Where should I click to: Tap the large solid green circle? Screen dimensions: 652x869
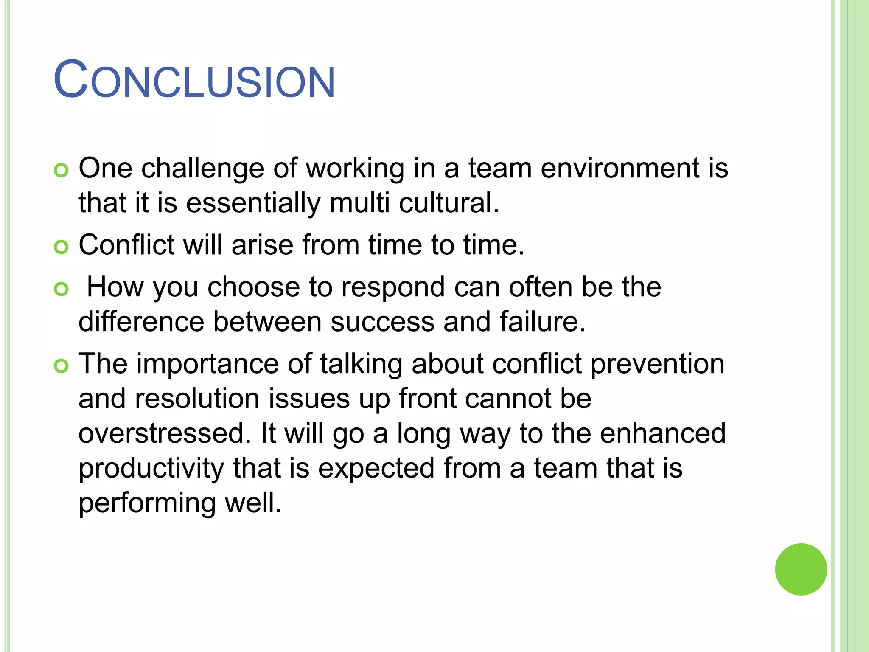point(801,569)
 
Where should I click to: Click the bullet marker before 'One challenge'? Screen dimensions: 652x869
point(62,171)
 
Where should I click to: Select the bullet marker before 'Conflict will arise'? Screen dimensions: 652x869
point(62,247)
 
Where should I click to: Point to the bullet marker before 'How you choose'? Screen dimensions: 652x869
point(62,289)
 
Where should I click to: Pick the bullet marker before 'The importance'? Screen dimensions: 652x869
point(62,366)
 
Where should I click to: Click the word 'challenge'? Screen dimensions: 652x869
point(202,169)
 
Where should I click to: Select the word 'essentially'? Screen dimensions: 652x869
point(253,203)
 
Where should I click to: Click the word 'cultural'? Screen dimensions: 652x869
point(448,203)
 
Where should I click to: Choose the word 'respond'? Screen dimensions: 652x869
point(393,288)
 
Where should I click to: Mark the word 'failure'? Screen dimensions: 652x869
point(542,322)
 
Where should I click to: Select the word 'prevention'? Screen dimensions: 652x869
point(657,365)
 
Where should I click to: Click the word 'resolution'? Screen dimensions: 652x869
point(197,399)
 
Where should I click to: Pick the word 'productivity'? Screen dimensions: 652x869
point(151,468)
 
